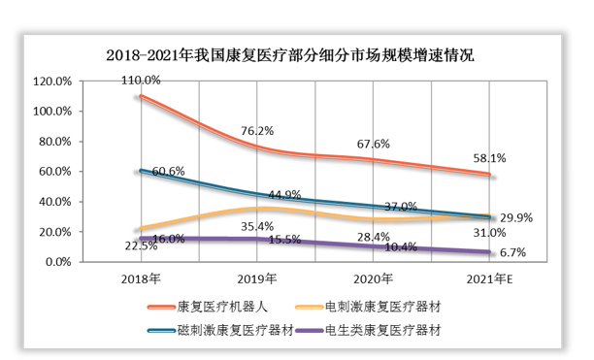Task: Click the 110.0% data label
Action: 141,82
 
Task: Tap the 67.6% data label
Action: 375,145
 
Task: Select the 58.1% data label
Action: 489,157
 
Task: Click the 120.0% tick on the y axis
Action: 51,82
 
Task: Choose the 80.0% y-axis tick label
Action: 53,142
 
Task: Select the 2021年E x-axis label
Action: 490,278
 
